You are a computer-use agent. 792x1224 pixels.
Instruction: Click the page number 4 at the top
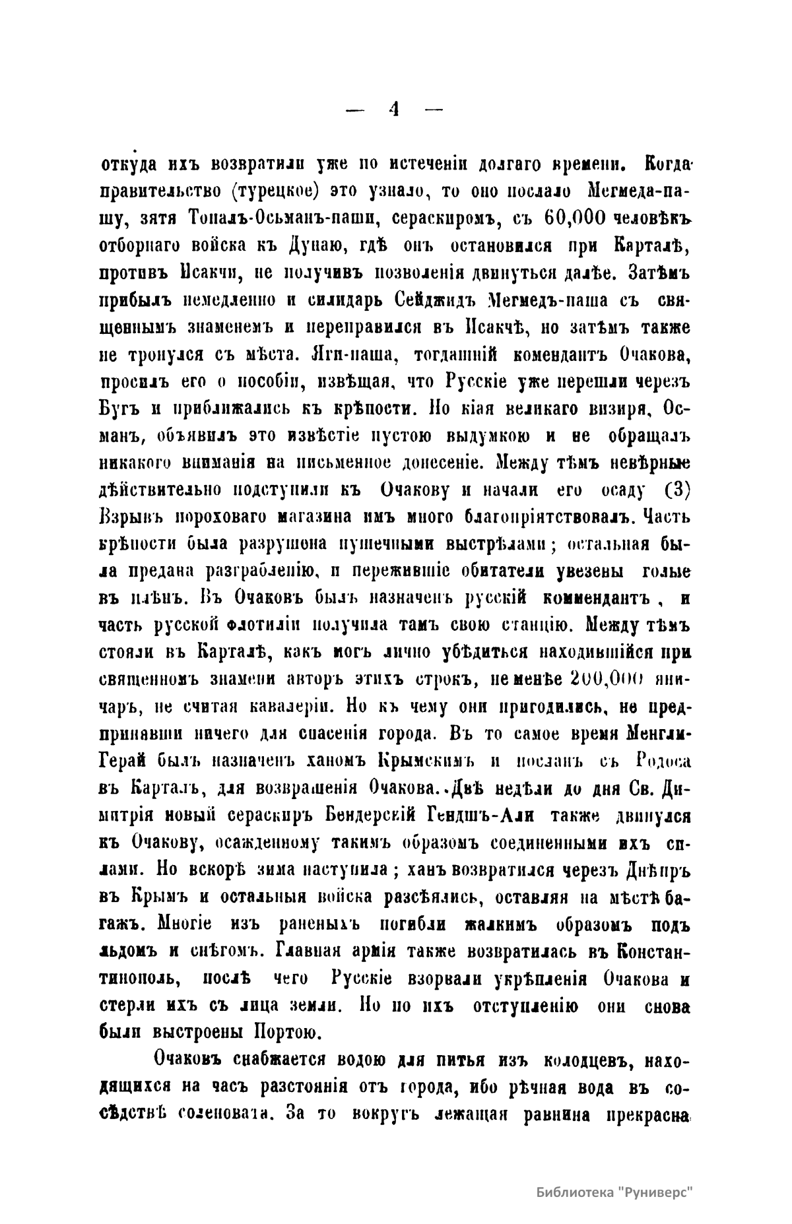(x=395, y=110)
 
